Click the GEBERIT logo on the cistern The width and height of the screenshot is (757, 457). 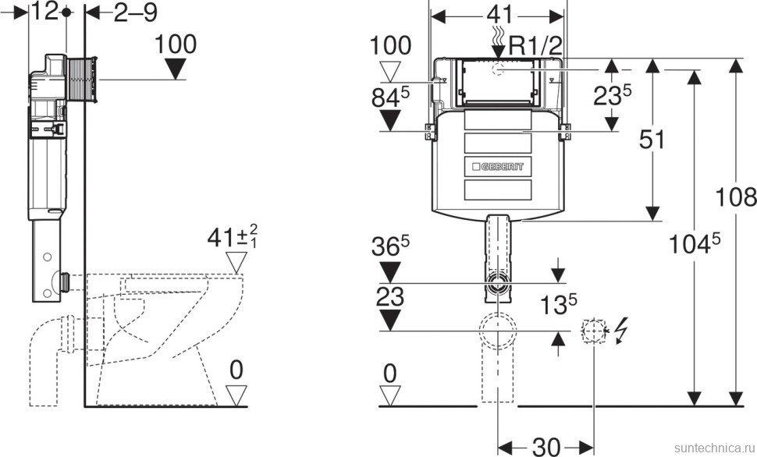coord(497,167)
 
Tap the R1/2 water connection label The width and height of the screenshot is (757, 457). coord(536,46)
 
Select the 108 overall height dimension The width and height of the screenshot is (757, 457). coord(736,197)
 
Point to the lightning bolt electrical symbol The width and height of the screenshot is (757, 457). coord(621,331)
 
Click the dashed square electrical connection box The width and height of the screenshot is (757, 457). coord(594,331)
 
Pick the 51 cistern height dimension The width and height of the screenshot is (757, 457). coord(652,139)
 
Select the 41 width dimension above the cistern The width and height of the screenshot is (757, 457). coord(499,15)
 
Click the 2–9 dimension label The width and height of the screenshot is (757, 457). coord(136,12)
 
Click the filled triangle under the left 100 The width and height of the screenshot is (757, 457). coord(176,69)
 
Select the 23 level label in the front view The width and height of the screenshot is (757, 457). coord(389,296)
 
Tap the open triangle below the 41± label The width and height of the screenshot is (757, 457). coord(236,264)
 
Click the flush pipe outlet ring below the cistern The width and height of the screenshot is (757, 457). coord(497,283)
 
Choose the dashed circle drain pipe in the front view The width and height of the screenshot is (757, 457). coord(498,331)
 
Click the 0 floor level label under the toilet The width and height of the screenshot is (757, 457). coord(236,370)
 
